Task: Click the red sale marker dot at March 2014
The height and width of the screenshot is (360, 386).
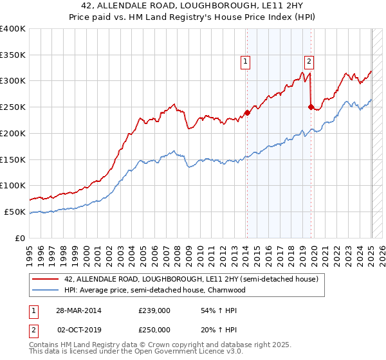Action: [x=247, y=113]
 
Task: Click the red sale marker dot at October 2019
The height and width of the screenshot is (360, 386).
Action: [x=311, y=107]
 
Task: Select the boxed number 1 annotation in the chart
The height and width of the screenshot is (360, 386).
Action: [x=245, y=62]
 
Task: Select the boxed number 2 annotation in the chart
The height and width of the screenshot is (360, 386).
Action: [x=309, y=62]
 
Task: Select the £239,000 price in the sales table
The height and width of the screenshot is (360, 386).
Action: [x=154, y=310]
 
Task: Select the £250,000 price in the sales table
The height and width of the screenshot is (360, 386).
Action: [x=154, y=329]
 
